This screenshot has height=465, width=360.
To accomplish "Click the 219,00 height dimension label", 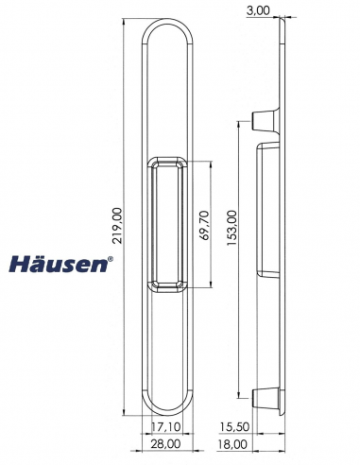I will [x=118, y=227].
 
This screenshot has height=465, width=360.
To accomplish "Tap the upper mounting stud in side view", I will [x=263, y=118].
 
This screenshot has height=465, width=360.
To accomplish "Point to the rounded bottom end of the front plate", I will [x=168, y=402].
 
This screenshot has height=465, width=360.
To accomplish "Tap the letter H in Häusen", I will [x=20, y=264].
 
